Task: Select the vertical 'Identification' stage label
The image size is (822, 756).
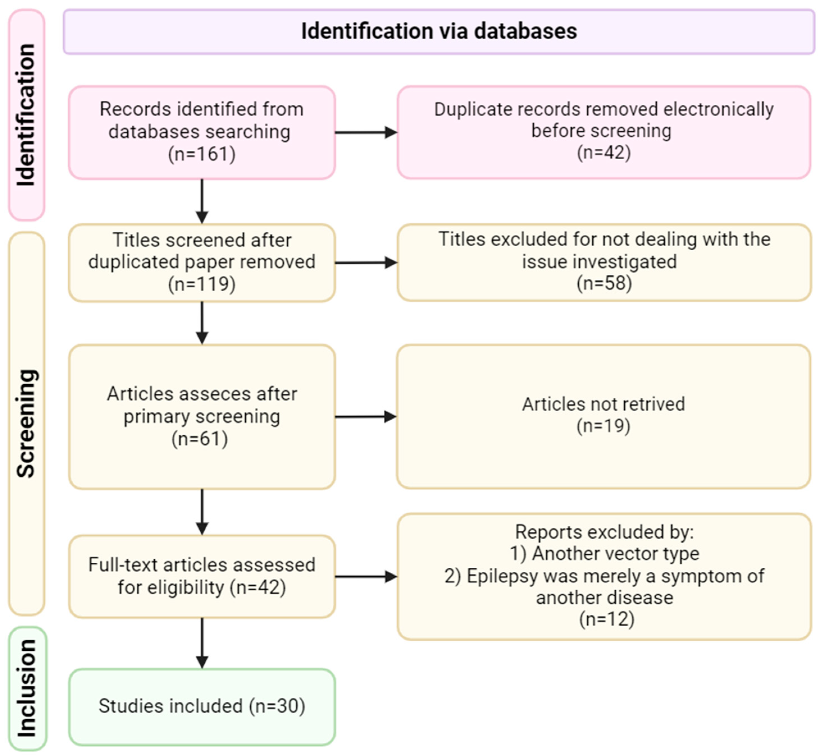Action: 26,115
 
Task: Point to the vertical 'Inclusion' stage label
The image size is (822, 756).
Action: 27,688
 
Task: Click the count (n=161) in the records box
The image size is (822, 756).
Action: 202,155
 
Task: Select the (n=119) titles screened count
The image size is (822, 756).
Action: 202,284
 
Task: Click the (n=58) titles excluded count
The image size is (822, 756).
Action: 604,283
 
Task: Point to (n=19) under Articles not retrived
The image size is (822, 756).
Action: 603,426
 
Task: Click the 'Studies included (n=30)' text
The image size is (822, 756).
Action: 202,706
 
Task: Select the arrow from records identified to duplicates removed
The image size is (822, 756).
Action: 366,132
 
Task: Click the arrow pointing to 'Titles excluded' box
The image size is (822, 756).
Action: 366,263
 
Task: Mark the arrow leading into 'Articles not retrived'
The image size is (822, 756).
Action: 366,417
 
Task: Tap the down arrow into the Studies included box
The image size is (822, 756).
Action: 202,643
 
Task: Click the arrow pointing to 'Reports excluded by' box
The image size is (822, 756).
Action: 366,577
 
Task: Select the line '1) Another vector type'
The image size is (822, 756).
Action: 604,553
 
